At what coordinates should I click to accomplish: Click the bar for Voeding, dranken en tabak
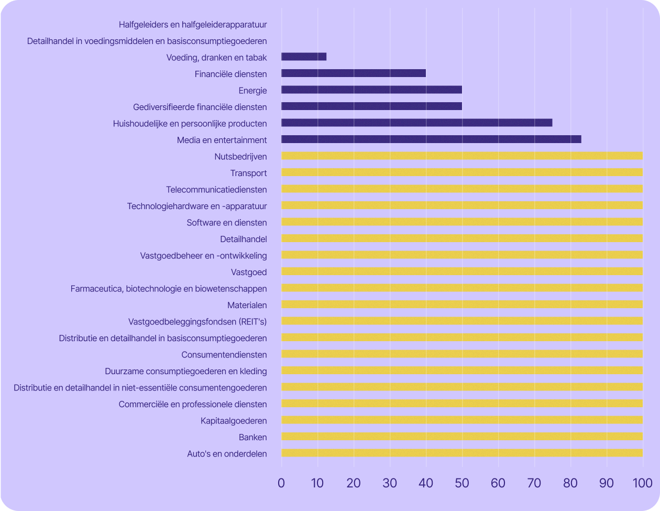pos(304,57)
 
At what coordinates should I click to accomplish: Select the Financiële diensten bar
pos(354,73)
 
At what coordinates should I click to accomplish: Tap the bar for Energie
pos(371,90)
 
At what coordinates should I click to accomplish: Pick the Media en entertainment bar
pos(431,139)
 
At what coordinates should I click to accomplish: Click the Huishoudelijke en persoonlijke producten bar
pos(416,123)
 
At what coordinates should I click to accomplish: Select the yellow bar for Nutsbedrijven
pos(462,156)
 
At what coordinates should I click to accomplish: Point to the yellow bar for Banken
pos(462,437)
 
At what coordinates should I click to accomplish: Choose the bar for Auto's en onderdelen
pos(462,453)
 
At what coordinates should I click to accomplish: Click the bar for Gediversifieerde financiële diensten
pos(371,106)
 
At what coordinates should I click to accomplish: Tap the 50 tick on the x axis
pos(462,483)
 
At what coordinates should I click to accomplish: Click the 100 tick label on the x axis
pos(642,483)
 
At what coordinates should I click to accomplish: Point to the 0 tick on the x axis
pos(281,483)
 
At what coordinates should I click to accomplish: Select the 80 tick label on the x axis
pos(570,483)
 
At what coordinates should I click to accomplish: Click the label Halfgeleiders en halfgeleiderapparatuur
pos(193,24)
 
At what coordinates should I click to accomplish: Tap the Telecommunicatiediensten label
pos(216,189)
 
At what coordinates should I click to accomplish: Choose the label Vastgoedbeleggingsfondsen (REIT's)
pos(197,321)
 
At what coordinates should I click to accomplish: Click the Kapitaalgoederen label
pos(234,420)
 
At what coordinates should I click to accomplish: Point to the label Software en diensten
pos(227,222)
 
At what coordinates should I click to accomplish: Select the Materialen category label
pos(247,305)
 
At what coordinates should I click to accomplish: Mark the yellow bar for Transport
pos(462,172)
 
